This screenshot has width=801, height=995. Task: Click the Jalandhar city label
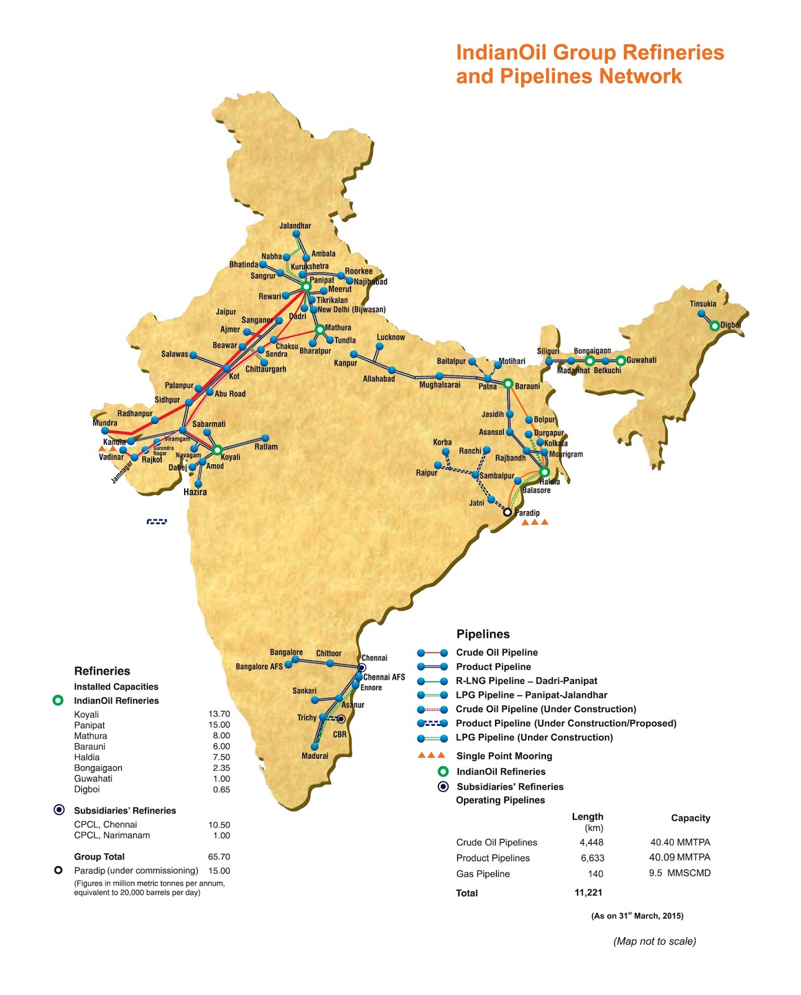pyautogui.click(x=295, y=226)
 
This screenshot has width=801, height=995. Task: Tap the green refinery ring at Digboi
pyautogui.click(x=715, y=325)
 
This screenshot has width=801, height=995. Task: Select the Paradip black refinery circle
pyautogui.click(x=507, y=512)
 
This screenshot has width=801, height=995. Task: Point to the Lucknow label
pyautogui.click(x=391, y=337)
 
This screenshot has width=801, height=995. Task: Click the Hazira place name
pyautogui.click(x=195, y=492)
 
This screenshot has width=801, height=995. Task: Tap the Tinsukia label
pyautogui.click(x=703, y=304)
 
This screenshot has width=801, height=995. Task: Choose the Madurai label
pyautogui.click(x=315, y=756)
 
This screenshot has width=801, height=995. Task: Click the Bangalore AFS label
pyautogui.click(x=259, y=667)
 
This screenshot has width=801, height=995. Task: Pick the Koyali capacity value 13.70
pyautogui.click(x=219, y=714)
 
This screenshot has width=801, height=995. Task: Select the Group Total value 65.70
pyautogui.click(x=219, y=856)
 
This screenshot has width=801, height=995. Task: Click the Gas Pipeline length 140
pyautogui.click(x=595, y=874)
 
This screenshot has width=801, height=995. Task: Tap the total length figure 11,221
pyautogui.click(x=588, y=892)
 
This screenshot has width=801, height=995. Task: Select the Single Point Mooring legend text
pyautogui.click(x=504, y=756)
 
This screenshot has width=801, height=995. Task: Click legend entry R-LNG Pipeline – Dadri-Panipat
pyautogui.click(x=526, y=680)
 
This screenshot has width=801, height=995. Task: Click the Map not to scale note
pyautogui.click(x=654, y=941)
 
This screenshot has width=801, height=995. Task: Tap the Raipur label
pyautogui.click(x=427, y=473)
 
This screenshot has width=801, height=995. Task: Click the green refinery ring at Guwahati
pyautogui.click(x=620, y=360)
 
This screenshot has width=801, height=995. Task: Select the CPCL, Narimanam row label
pyautogui.click(x=112, y=835)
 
